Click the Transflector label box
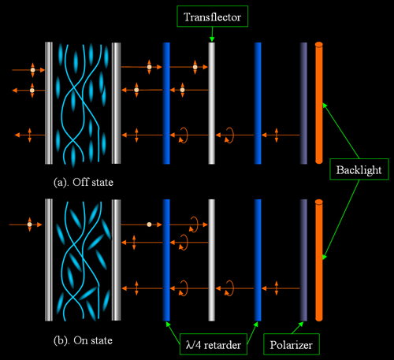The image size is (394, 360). point(212,17)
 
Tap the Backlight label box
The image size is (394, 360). point(359,169)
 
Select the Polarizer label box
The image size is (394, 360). point(292,344)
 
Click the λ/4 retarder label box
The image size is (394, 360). point(214,344)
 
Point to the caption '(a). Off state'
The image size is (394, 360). point(84,182)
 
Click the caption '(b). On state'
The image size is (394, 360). point(83,340)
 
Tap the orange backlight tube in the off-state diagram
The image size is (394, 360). point(319,103)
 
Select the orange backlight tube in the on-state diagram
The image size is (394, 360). point(319,260)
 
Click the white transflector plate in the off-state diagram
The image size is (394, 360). point(212,103)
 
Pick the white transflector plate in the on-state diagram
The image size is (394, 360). point(212,260)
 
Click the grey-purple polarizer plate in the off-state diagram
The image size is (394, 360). point(303,103)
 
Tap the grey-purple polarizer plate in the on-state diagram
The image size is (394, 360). point(303,260)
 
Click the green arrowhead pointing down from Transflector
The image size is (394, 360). point(212,39)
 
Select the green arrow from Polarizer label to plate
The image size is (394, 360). point(298,328)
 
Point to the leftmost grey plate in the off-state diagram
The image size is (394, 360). point(49,103)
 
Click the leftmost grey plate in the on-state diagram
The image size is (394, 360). point(49,260)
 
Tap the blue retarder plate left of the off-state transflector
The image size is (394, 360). point(166,103)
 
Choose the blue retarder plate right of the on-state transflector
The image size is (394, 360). point(258,260)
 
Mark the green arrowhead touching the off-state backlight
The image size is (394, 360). point(325,106)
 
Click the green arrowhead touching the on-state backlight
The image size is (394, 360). point(325,257)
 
